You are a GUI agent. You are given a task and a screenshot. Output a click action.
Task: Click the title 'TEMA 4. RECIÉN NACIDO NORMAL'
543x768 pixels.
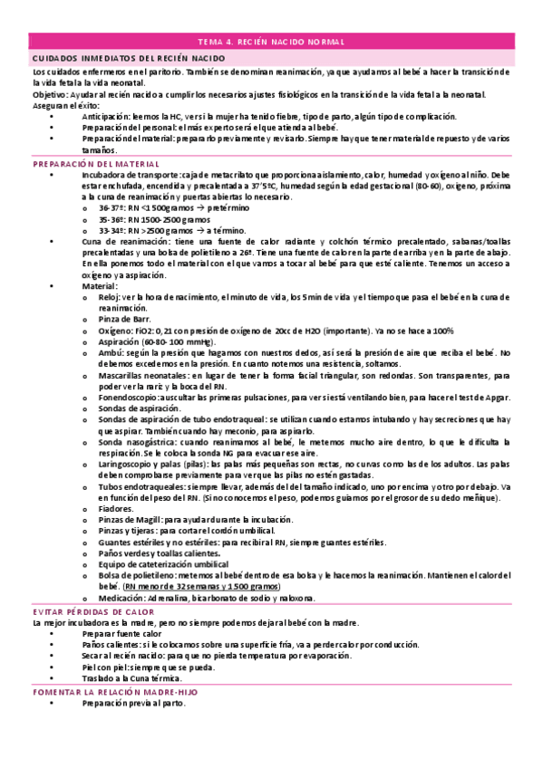coord(271,42)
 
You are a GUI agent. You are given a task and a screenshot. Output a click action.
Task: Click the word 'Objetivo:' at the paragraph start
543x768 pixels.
coord(50,94)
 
